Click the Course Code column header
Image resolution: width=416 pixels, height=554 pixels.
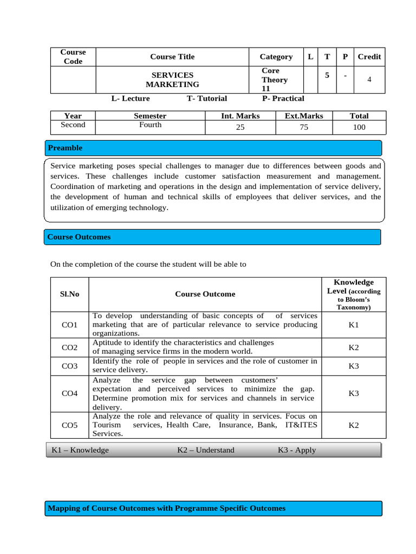(73, 57)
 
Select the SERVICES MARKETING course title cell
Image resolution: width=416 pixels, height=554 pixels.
(172, 80)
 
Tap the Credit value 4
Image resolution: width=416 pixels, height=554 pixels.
(369, 80)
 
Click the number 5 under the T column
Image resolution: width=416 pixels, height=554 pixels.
(327, 76)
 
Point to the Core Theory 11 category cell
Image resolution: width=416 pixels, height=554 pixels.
(275, 80)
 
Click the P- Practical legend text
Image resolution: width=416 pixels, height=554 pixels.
(283, 98)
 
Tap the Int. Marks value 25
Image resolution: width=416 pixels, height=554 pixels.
(240, 127)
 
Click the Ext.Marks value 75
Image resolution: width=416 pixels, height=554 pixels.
(304, 127)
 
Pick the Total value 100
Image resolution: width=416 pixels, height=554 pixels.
(359, 127)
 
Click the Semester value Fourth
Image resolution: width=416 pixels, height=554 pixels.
(150, 125)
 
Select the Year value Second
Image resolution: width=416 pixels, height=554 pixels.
(73, 125)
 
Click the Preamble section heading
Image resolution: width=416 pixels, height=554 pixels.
(66, 148)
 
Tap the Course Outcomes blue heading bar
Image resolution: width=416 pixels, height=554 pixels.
(212, 237)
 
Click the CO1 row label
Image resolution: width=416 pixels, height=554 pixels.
(70, 325)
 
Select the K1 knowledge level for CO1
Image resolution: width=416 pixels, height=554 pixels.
(353, 325)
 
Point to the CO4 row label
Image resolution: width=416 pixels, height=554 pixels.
(70, 393)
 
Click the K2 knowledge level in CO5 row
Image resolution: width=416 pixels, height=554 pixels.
(353, 425)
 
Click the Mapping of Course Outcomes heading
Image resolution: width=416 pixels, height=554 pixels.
(166, 508)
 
